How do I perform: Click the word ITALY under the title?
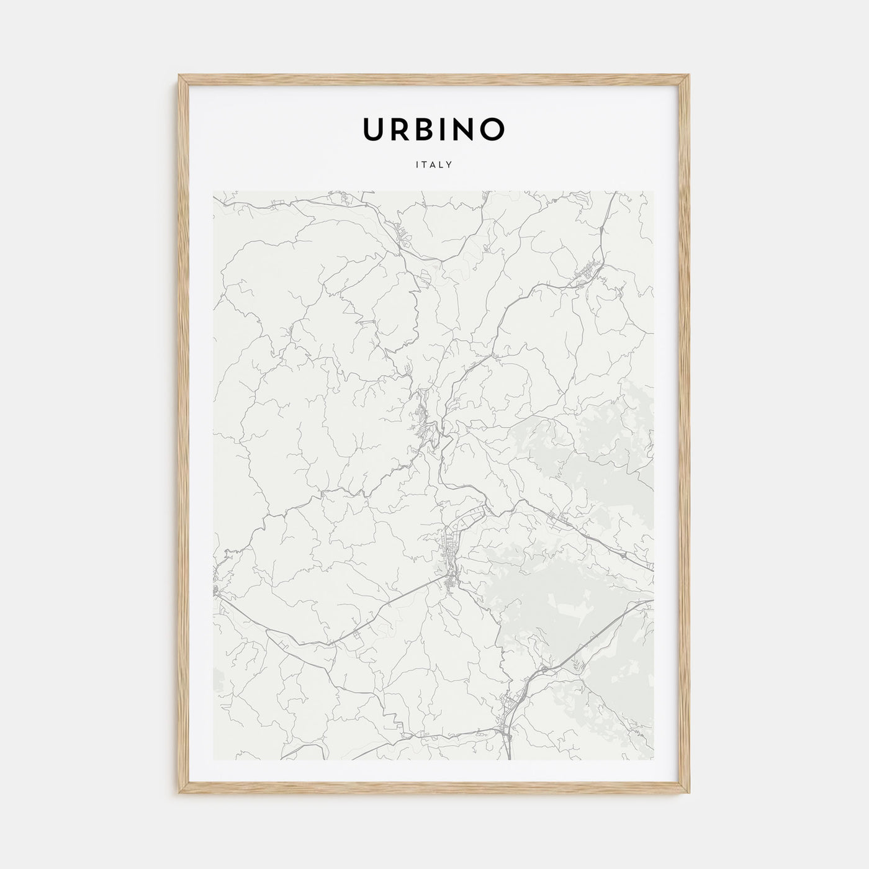coord(434,165)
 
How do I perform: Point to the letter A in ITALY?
coord(433,165)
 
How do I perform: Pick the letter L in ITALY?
coord(441,165)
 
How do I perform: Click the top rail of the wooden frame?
coord(434,79)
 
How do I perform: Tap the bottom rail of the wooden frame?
coord(434,790)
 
